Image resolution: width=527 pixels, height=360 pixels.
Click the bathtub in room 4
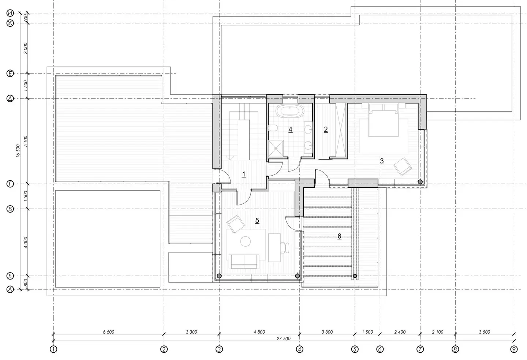(x=289, y=110)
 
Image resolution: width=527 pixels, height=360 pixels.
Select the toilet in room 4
(x=273, y=128)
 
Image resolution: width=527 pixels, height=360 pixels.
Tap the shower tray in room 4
(x=276, y=148)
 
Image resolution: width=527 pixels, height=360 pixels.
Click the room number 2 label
(x=326, y=129)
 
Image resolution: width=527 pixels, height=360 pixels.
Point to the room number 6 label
(x=339, y=236)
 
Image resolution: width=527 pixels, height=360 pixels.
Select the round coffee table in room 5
(x=245, y=241)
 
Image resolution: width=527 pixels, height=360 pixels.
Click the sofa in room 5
(x=244, y=262)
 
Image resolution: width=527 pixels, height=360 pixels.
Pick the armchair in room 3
(x=403, y=166)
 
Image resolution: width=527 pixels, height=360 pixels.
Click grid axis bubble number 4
(x=299, y=349)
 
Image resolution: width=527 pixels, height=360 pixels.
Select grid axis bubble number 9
(x=514, y=349)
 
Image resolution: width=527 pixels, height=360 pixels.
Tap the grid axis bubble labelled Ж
(x=10, y=23)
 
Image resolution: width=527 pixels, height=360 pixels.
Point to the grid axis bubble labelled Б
(x=10, y=276)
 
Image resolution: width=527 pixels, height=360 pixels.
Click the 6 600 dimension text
(x=108, y=332)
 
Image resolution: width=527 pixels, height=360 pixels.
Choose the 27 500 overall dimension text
(x=284, y=339)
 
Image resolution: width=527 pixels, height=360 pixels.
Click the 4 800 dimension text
(x=259, y=332)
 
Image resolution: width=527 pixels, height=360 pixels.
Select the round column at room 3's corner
(x=420, y=182)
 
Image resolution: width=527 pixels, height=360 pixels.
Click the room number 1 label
(x=244, y=174)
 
